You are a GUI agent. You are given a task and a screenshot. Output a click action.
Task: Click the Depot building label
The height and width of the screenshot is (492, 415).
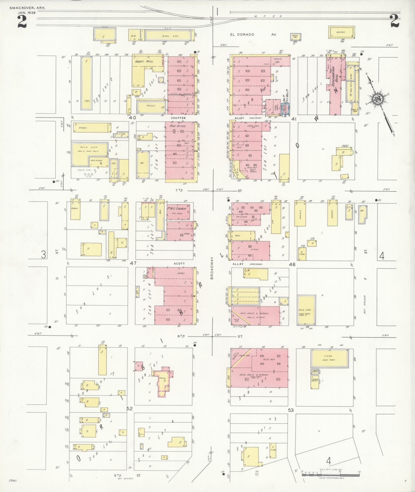341,32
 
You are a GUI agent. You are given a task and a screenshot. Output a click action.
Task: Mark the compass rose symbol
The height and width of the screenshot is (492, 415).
377,99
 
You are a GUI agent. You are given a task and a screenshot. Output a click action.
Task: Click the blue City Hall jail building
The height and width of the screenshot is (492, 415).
285,109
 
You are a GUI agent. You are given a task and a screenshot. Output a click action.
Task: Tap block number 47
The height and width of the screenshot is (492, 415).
133,263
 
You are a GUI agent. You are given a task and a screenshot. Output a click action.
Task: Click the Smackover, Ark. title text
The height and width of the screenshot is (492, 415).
28,8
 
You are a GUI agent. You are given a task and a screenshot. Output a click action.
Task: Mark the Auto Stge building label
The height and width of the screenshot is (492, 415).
305,310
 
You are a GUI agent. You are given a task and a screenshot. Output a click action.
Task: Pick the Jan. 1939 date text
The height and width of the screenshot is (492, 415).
27,12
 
